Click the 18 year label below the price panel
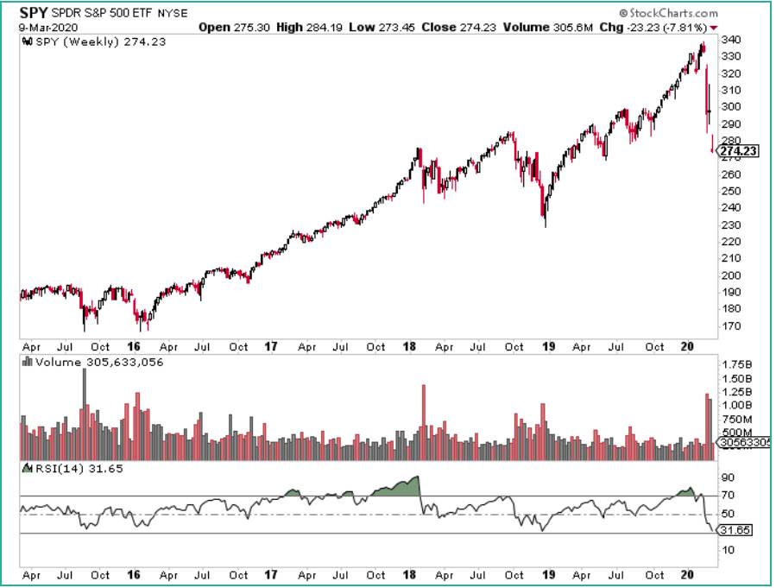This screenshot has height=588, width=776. point(410,347)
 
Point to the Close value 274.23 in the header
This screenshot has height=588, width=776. point(452,27)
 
